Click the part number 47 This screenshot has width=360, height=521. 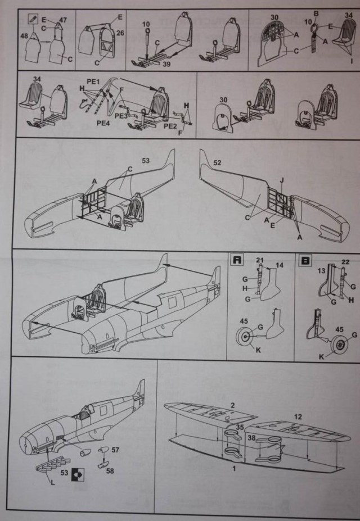63,19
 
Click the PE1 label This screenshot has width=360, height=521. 93,82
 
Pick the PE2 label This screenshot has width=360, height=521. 170,126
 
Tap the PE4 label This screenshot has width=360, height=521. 102,123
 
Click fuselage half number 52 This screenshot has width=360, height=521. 217,163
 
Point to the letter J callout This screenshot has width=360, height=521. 281,179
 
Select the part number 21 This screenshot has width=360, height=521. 260,259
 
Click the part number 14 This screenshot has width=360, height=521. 280,264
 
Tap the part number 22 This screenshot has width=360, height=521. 346,262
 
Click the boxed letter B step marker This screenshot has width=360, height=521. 307,260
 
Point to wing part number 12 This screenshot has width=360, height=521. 298,416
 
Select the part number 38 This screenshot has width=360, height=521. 253,437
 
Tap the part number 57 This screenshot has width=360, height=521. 115,450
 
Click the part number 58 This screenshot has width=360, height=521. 109,470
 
